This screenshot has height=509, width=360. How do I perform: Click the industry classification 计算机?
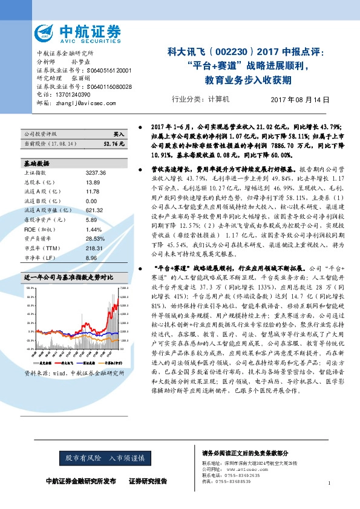click(x=218, y=100)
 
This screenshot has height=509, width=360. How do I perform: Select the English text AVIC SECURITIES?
click(x=90, y=43)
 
